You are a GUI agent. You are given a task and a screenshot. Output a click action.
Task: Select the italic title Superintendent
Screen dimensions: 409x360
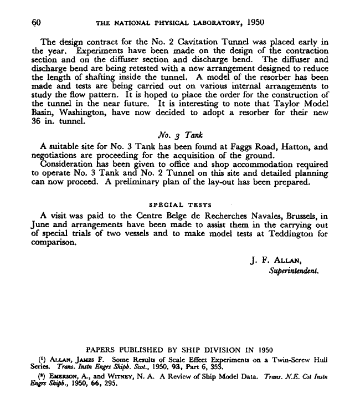tap(294, 272)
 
